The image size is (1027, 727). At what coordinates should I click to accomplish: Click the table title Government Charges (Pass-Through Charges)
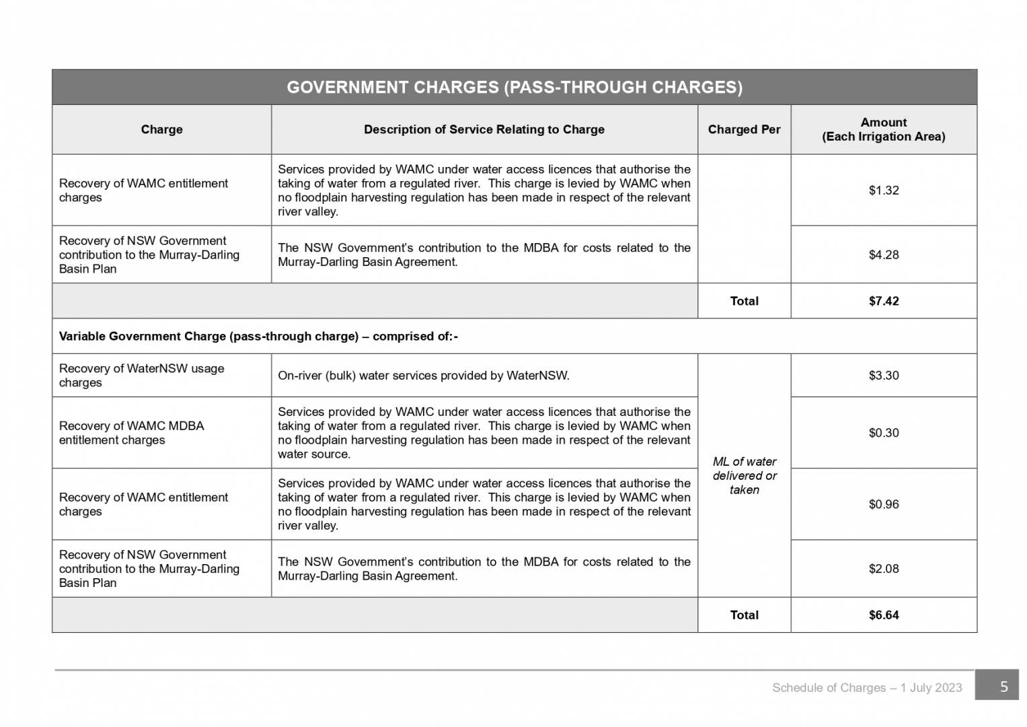[x=515, y=88]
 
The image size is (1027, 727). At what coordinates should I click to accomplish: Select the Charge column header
[x=161, y=129]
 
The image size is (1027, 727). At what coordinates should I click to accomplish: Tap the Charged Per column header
[x=744, y=129]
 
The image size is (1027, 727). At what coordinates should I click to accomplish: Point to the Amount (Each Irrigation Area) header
[x=883, y=129]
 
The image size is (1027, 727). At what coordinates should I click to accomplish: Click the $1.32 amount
[x=883, y=191]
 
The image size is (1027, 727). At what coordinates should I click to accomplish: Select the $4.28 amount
[x=883, y=254]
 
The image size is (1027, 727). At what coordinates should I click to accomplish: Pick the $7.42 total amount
[x=883, y=301]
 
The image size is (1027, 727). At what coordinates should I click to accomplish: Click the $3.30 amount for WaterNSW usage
[x=883, y=376]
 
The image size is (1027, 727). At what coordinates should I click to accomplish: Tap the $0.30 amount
[x=883, y=433]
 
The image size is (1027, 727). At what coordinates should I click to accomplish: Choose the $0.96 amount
[x=883, y=504]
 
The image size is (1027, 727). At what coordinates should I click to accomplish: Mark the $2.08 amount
[x=883, y=569]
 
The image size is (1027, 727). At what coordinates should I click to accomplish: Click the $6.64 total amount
[x=883, y=615]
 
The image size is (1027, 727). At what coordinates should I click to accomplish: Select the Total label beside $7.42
[x=744, y=301]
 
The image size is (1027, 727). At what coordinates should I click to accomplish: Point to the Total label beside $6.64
[x=744, y=615]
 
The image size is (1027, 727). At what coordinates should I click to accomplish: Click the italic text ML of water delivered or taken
[x=744, y=476]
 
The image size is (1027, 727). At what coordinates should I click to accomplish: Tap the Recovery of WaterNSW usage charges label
[x=141, y=376]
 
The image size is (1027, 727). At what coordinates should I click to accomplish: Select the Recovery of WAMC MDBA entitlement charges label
[x=131, y=433]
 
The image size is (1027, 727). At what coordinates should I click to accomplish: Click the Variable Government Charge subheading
[x=258, y=336]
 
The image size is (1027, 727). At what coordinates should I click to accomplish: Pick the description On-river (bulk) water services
[x=423, y=376]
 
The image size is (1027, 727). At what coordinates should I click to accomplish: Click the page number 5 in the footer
[x=1003, y=687]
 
